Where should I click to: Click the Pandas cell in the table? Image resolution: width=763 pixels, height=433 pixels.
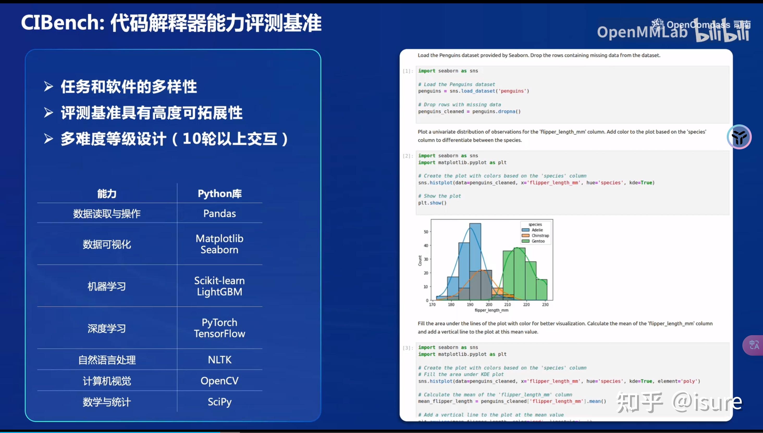[x=219, y=214]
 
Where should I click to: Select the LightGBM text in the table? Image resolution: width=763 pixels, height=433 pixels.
[x=219, y=292]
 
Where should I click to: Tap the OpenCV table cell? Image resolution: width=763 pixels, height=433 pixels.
[x=219, y=381]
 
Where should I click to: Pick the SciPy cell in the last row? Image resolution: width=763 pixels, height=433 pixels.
[x=219, y=402]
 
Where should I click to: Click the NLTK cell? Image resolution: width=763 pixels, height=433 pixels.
[x=219, y=360]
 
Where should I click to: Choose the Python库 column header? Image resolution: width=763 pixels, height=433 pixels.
[x=219, y=194]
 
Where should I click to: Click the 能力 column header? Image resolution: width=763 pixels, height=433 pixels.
[x=107, y=194]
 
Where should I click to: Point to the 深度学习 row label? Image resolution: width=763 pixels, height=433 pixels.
[x=107, y=329]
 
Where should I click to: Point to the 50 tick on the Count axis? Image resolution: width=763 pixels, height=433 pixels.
[x=426, y=232]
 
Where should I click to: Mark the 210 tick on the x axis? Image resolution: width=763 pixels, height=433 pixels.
[x=507, y=304]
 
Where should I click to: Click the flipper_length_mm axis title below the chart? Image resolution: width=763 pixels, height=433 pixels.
[x=491, y=310]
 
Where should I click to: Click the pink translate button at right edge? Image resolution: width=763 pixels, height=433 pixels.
[x=753, y=345]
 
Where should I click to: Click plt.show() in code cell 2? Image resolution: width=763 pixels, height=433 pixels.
[x=432, y=203]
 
